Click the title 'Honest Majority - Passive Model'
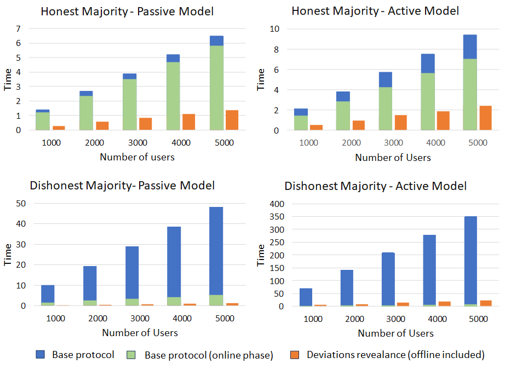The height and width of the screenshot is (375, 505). (127, 11)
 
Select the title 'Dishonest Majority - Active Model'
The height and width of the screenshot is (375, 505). (375, 186)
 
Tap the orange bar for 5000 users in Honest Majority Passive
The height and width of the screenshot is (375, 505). (232, 120)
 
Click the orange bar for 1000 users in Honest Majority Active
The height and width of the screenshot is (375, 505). (315, 128)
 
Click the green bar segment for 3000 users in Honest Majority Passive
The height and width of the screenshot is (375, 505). (129, 105)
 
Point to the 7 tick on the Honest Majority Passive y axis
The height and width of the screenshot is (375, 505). (18, 28)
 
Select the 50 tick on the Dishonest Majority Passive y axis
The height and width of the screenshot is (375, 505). (22, 204)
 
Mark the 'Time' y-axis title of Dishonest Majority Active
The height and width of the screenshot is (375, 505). (261, 255)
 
